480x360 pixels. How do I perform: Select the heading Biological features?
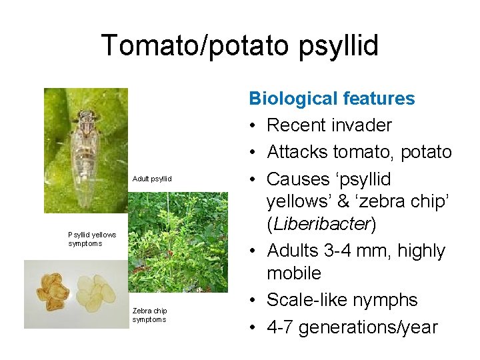(331, 99)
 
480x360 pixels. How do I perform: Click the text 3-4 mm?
(366, 251)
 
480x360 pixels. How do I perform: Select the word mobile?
(294, 273)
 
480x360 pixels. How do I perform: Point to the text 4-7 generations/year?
(352, 327)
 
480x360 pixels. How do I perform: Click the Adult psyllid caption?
(152, 179)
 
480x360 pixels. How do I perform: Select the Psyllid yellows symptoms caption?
(92, 239)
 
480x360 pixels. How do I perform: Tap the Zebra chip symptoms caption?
(150, 315)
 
